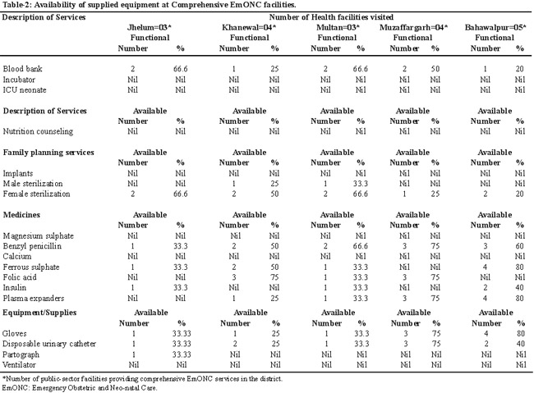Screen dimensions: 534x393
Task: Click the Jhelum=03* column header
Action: click(x=150, y=28)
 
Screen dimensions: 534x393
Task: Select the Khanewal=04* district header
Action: click(x=249, y=28)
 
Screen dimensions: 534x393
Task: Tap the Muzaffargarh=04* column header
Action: click(x=414, y=28)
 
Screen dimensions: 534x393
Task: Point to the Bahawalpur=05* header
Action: click(x=495, y=28)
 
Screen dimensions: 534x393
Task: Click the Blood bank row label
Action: click(x=22, y=69)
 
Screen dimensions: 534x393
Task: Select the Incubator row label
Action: click(x=19, y=80)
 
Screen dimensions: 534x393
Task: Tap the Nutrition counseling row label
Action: click(x=38, y=131)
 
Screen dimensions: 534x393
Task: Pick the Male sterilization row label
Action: click(x=33, y=184)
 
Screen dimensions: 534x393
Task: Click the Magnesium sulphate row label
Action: click(x=38, y=236)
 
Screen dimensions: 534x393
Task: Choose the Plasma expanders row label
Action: click(x=34, y=299)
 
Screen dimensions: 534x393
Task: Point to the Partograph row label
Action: click(x=21, y=354)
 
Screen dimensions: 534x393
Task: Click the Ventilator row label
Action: click(x=19, y=365)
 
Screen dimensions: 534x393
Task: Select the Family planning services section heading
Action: click(x=48, y=153)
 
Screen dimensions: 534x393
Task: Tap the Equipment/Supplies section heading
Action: click(x=39, y=313)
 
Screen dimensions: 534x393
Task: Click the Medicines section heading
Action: click(x=21, y=215)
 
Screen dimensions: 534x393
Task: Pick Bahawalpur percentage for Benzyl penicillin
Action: click(x=519, y=246)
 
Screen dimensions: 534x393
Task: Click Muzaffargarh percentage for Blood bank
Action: click(x=435, y=69)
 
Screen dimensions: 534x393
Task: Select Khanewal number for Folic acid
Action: click(x=234, y=277)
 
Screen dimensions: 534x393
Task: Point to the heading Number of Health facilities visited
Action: click(x=331, y=17)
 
